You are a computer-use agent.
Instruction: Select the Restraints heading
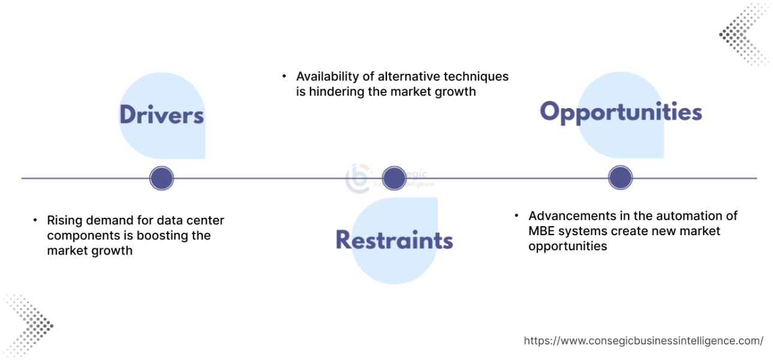pos(394,240)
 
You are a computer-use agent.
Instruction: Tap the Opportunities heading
pos(621,112)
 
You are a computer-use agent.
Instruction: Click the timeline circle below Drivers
pos(161,178)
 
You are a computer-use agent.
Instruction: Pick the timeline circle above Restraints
pos(394,178)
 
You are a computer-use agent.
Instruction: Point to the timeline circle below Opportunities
pos(620,178)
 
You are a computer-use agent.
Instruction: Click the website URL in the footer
pos(643,341)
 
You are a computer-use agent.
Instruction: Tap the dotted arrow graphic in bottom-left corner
pos(27,324)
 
